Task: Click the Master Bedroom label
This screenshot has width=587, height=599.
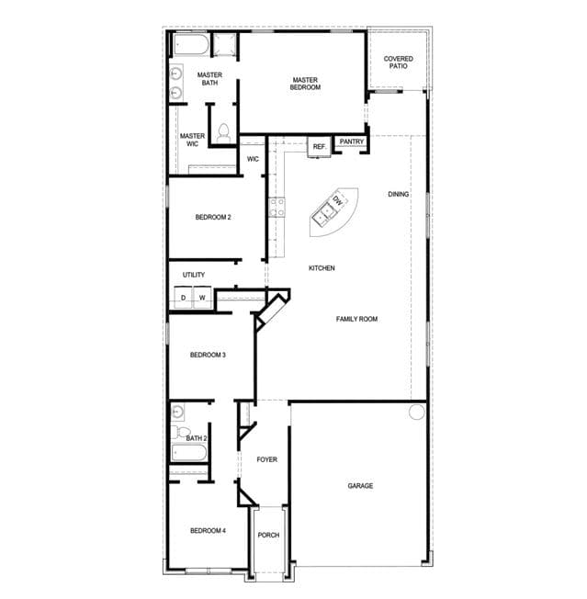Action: pyautogui.click(x=305, y=84)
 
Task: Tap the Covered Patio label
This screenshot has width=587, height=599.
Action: pyautogui.click(x=399, y=62)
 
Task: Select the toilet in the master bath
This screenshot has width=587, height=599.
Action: pyautogui.click(x=223, y=133)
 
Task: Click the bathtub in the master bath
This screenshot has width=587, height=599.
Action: pyautogui.click(x=191, y=44)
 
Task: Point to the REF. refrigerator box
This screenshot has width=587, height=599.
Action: pyautogui.click(x=320, y=147)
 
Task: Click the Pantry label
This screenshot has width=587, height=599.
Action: pyautogui.click(x=352, y=141)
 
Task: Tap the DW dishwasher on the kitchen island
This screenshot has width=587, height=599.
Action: pyautogui.click(x=338, y=199)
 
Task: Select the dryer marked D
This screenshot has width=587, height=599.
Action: pyautogui.click(x=184, y=297)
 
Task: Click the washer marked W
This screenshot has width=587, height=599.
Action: pyautogui.click(x=202, y=297)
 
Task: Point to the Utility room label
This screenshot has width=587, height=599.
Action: pyautogui.click(x=194, y=275)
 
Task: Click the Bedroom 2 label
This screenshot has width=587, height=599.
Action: pyautogui.click(x=213, y=217)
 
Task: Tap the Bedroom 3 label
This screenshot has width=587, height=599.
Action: pyautogui.click(x=208, y=355)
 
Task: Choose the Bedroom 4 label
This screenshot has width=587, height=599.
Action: pyautogui.click(x=208, y=531)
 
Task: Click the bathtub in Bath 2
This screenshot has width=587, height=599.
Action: pyautogui.click(x=189, y=453)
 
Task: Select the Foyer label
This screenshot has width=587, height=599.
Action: pyautogui.click(x=267, y=459)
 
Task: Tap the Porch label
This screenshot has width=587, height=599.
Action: pyautogui.click(x=268, y=536)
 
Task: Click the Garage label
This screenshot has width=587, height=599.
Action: pyautogui.click(x=360, y=486)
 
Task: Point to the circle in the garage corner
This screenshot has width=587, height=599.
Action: pyautogui.click(x=417, y=413)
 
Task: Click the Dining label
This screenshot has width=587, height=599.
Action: pyautogui.click(x=399, y=194)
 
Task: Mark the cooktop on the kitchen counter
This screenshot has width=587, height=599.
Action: pyautogui.click(x=277, y=207)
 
